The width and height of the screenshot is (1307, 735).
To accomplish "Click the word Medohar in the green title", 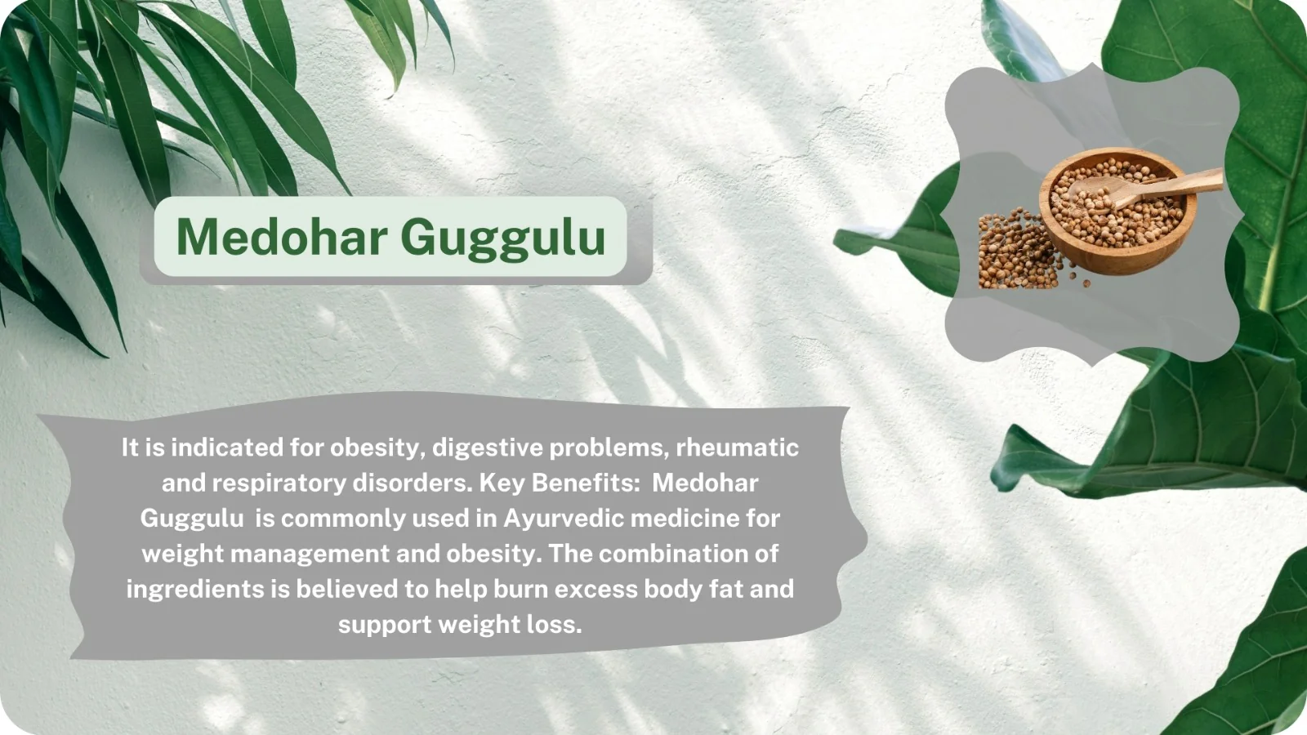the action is tap(282, 237).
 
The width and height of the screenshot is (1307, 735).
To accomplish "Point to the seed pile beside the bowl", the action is tap(1018, 250).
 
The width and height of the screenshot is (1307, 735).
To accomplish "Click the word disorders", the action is tap(413, 483).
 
